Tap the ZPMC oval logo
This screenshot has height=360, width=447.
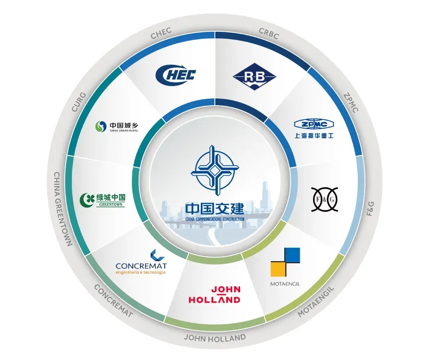click(314, 124)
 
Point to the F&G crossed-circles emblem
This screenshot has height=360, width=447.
click(324, 199)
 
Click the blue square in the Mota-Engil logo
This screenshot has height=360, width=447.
click(292, 255)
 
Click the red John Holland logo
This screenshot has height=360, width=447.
click(214, 294)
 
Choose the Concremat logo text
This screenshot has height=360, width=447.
click(140, 266)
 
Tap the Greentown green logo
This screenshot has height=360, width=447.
click(103, 200)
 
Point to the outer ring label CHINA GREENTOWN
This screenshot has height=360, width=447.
click(63, 209)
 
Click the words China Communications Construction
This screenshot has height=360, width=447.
click(214, 218)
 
